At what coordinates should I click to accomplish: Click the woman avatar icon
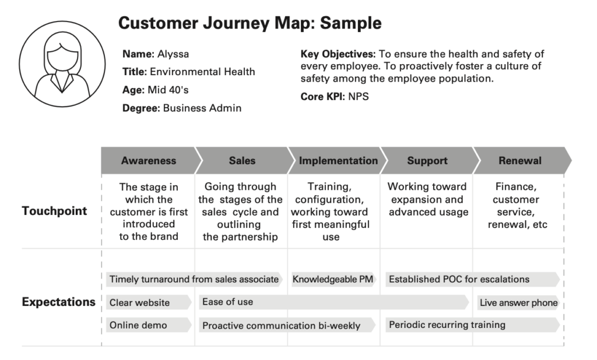point(62,63)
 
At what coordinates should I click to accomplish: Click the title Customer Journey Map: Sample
point(250,23)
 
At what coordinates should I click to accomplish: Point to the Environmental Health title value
point(202,72)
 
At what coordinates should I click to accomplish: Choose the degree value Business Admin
point(202,108)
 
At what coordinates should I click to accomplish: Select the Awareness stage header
point(148,161)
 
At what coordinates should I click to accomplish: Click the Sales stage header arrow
point(242,161)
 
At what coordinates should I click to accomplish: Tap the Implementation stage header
point(338,161)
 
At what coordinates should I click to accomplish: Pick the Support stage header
point(427,161)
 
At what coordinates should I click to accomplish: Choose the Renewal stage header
point(520,161)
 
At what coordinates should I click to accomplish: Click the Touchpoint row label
point(55,211)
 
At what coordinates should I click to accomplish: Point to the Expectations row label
point(58,302)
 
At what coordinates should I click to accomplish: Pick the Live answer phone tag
point(518,302)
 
